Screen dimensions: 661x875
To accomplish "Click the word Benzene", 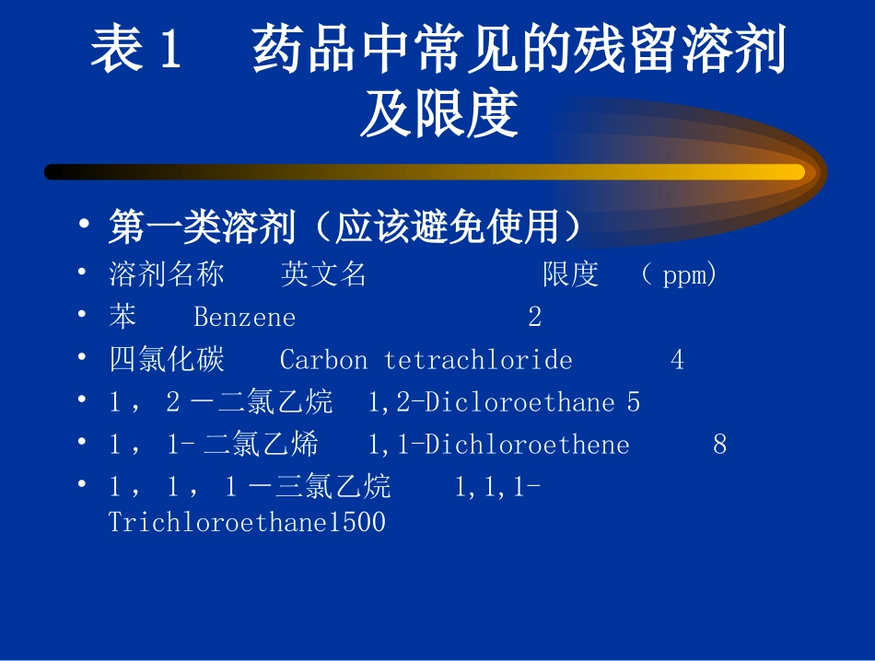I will [244, 318].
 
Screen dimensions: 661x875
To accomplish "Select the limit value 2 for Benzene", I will [535, 318].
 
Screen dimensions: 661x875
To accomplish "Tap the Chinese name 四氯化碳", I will [167, 359].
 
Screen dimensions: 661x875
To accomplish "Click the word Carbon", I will [323, 360].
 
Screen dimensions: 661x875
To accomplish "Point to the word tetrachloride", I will [478, 360].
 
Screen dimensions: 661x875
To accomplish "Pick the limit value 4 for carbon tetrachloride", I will [677, 360].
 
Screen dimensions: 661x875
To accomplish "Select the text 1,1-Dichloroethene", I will [498, 445].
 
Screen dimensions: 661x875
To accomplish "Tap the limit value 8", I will [719, 445].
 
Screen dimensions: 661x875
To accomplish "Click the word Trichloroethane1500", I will [247, 523].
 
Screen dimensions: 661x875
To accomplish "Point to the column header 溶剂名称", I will [167, 274].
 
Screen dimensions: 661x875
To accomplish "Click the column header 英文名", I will [323, 274].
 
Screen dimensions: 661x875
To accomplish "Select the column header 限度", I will [570, 274].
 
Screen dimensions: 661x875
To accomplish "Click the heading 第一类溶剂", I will [201, 227].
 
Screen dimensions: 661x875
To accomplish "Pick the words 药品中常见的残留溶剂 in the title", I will [519, 51].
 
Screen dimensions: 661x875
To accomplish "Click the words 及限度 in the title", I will [438, 114].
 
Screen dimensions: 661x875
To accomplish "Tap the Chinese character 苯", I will [122, 317].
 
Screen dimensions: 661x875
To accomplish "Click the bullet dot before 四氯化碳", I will [84, 359].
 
